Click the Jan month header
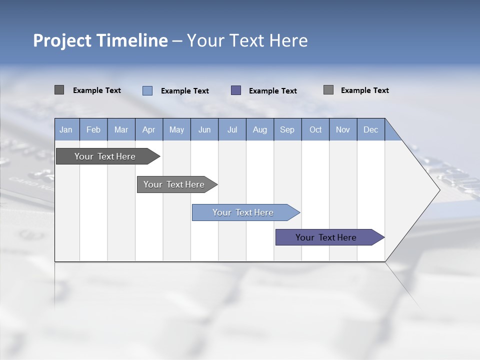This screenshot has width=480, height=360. pos(66,129)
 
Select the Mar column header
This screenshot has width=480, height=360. pos(121,129)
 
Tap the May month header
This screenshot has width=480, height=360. pos(176,129)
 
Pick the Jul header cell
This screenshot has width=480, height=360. pos(232,129)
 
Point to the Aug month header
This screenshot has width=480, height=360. pos(259,129)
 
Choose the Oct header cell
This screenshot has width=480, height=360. pos(315,129)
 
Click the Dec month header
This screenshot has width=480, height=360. pos(370,129)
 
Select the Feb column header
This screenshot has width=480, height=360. pos(93,129)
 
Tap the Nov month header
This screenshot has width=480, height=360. pos(343,129)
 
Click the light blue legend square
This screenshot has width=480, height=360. pos(147,90)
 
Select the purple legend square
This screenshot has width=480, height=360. pos(236,90)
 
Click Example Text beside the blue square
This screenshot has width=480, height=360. pos(185,91)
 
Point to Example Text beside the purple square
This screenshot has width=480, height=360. pos(273,91)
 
